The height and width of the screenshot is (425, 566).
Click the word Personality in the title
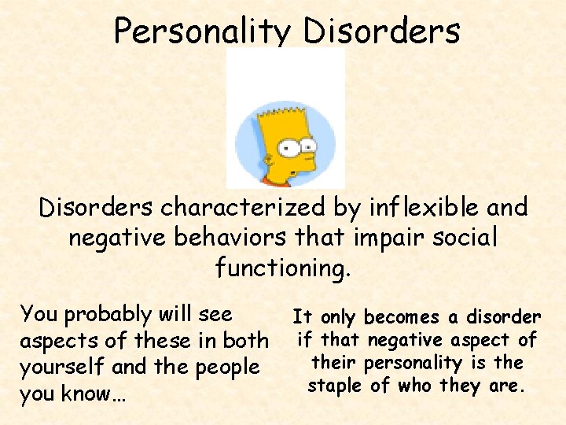coord(203,31)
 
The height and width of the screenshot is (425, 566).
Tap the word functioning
coord(281,268)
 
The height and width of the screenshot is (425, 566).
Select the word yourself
coord(60,368)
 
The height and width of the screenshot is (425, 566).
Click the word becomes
coord(402,318)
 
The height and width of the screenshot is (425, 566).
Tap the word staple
coord(336,386)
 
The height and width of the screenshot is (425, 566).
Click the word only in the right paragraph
coord(337,318)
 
